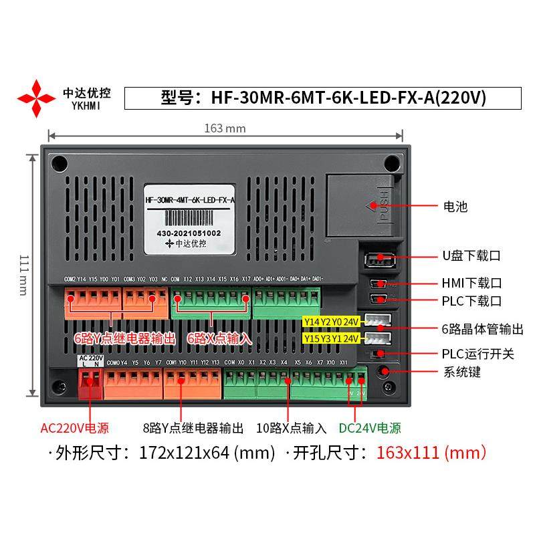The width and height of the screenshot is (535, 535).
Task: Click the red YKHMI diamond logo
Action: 36,98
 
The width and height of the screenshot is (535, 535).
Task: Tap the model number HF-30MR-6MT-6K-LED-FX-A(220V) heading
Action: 323,98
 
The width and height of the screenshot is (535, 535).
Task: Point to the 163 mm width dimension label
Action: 224,128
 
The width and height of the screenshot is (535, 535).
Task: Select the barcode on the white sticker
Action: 190,217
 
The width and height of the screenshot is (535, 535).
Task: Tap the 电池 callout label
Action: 454,207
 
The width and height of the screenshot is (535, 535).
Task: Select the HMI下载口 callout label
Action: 471,283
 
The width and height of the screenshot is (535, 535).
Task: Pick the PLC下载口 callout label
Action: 471,302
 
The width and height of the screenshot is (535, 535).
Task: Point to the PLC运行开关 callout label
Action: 477,353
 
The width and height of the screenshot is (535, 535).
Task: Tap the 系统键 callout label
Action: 461,372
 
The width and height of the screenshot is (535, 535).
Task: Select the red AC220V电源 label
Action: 74,429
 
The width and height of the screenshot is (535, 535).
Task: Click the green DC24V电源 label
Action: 370,429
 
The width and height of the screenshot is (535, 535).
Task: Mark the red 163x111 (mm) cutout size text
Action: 431,453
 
